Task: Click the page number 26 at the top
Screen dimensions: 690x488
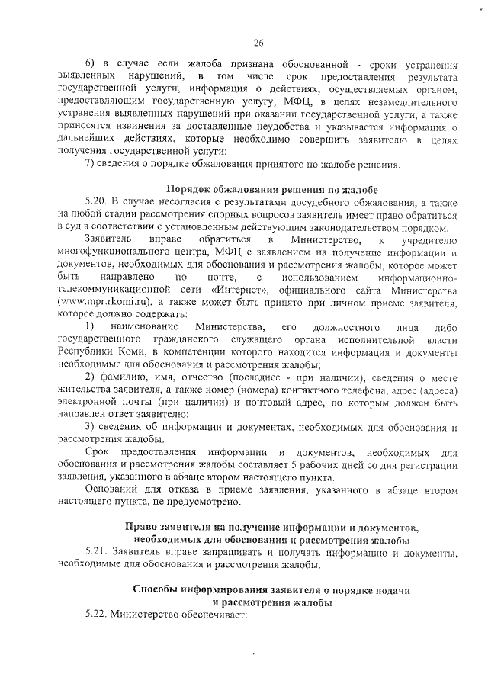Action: [258, 42]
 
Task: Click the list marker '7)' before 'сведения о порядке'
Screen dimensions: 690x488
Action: [90, 165]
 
